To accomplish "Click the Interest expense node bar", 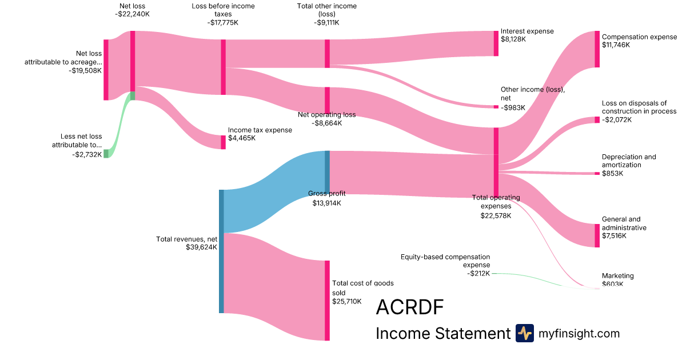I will [496, 43].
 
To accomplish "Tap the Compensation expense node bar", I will [597, 49].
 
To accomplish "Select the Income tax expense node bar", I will [224, 142].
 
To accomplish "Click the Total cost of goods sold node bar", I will [328, 301].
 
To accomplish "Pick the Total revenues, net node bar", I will [221, 251].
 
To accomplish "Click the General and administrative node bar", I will [597, 235].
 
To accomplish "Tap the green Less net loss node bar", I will [106, 153].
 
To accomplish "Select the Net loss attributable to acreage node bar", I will [106, 70].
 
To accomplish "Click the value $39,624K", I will [201, 247].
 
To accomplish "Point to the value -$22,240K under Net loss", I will [132, 15].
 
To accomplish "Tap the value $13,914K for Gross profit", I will [326, 203].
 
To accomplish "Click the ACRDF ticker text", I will [410, 307].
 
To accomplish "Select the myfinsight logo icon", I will [524, 333].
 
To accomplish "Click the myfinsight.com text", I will [579, 333].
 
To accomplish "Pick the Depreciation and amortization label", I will [629, 161].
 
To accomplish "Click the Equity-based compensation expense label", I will [445, 261].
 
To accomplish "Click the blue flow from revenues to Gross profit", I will [274, 183].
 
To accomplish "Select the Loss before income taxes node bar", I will [224, 67].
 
